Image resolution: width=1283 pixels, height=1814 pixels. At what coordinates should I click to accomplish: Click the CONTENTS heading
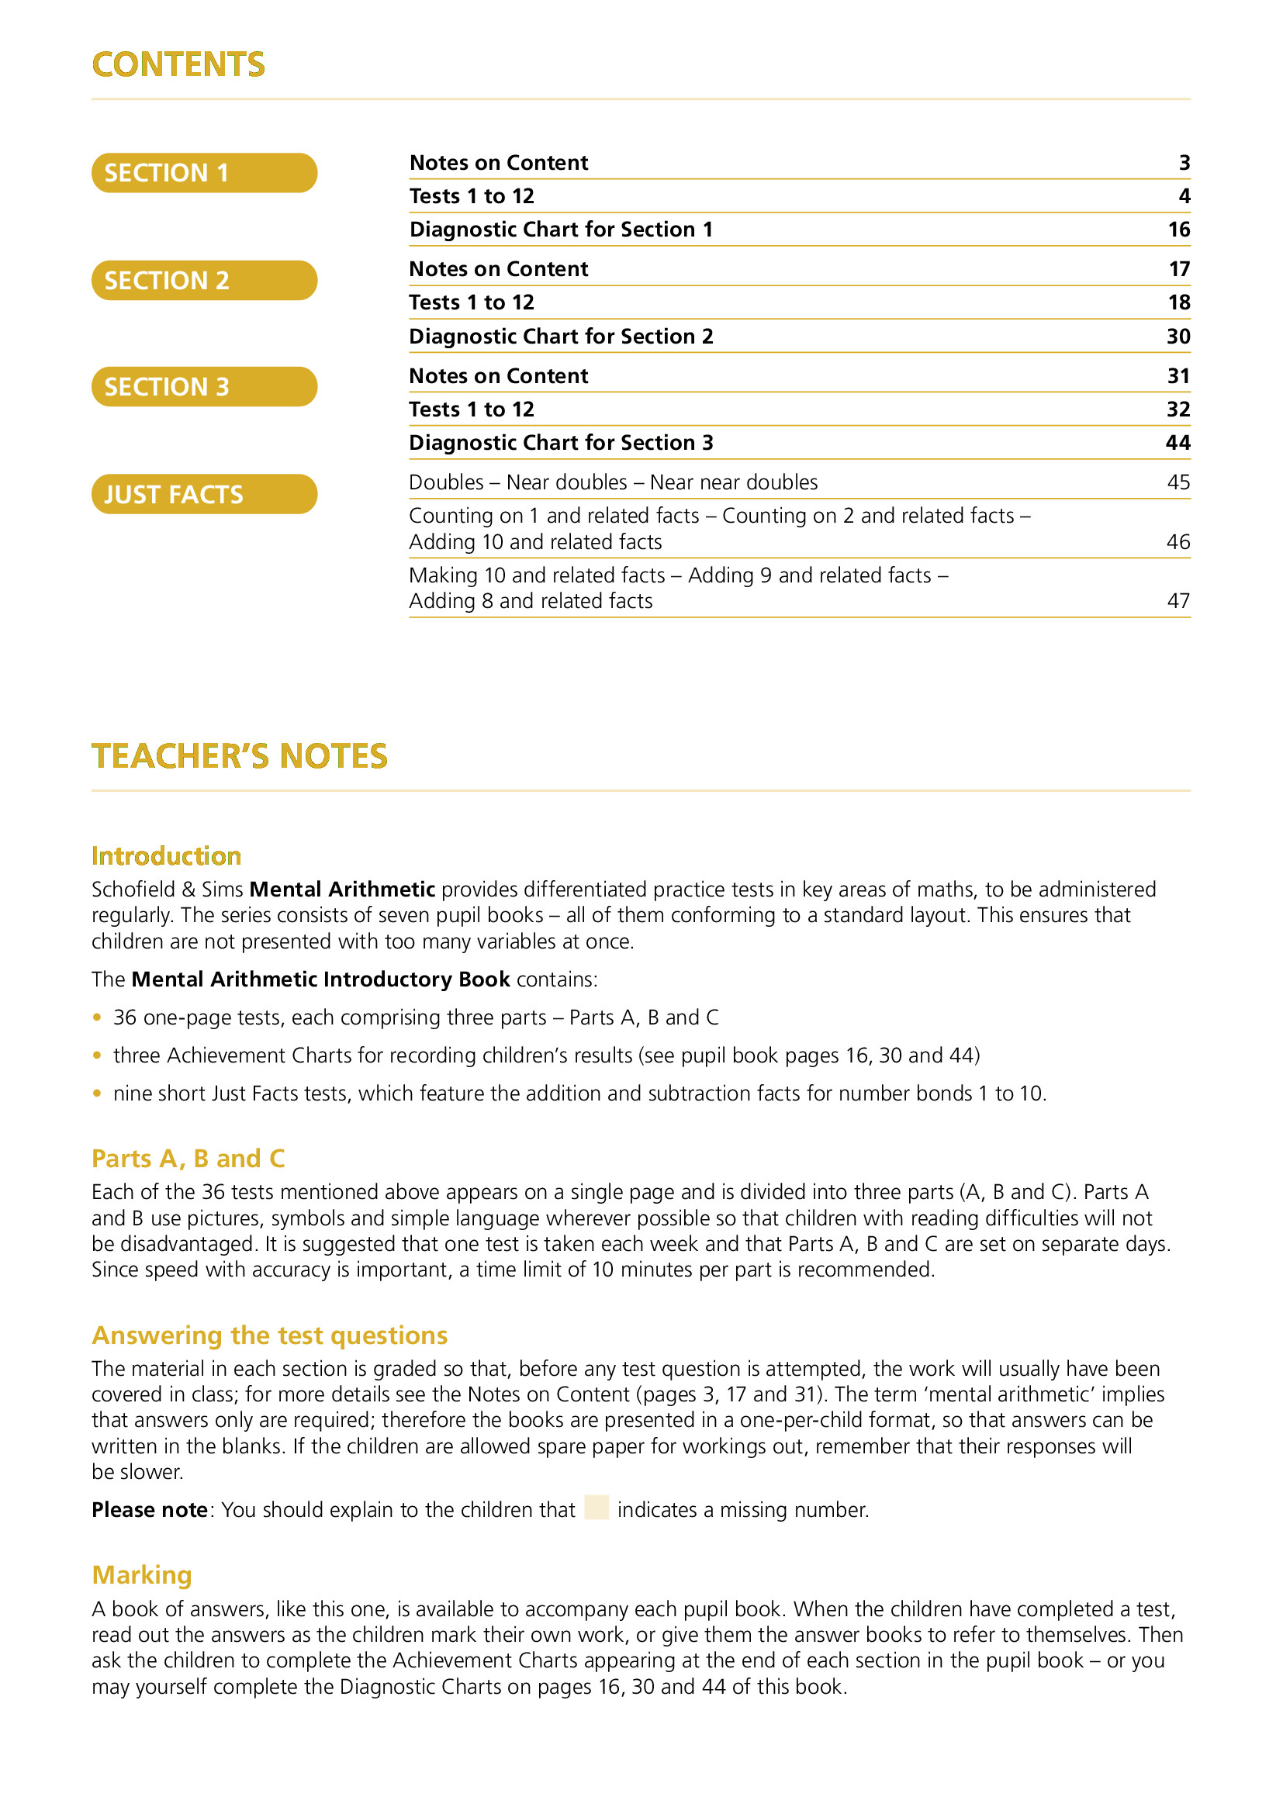(x=178, y=65)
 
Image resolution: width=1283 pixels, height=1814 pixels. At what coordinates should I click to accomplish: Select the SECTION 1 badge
(x=204, y=173)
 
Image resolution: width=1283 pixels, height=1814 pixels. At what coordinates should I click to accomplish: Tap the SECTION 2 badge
(x=204, y=281)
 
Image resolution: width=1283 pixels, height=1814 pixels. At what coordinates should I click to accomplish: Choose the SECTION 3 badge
(x=204, y=387)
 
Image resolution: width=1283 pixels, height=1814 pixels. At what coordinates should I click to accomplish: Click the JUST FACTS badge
(x=204, y=495)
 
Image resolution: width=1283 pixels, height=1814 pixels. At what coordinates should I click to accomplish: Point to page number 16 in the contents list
(x=1178, y=230)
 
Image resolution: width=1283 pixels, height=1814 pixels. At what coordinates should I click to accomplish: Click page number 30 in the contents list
(x=1178, y=337)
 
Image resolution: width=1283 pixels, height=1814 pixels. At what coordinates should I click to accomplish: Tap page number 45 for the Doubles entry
(x=1178, y=482)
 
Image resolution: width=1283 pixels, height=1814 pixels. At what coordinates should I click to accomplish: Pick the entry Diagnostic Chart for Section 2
(x=561, y=337)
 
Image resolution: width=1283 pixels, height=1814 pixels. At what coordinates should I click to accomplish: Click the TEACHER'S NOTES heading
(x=240, y=756)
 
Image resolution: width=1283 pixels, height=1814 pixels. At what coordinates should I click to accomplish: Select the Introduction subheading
(x=167, y=855)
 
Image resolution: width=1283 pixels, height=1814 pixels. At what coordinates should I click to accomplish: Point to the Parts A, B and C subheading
(x=188, y=1158)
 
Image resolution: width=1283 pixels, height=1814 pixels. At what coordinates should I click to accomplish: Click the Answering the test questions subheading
(x=269, y=1335)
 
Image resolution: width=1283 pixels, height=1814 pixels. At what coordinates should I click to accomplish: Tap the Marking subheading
(x=142, y=1574)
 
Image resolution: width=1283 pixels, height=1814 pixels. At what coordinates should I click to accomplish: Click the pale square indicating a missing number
(x=597, y=1507)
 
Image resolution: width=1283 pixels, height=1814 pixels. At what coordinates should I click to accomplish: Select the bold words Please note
(x=149, y=1510)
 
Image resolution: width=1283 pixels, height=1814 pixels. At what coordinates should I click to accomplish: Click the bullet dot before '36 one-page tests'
(x=97, y=1018)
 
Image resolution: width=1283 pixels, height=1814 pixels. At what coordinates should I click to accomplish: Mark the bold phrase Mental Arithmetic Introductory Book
(x=320, y=980)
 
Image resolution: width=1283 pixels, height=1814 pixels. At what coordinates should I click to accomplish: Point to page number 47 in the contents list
(x=1178, y=601)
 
